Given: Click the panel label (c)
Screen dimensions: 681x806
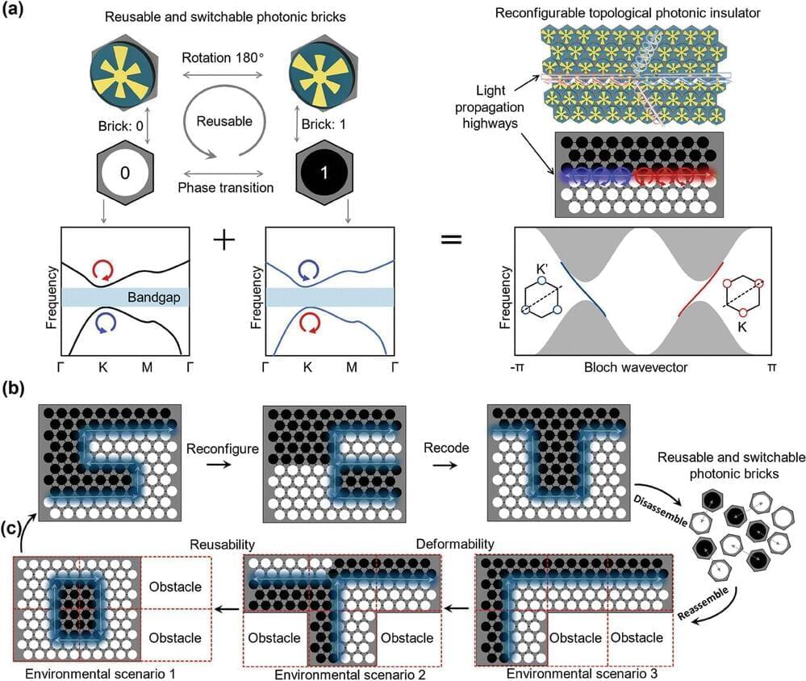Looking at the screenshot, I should [x=15, y=530].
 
